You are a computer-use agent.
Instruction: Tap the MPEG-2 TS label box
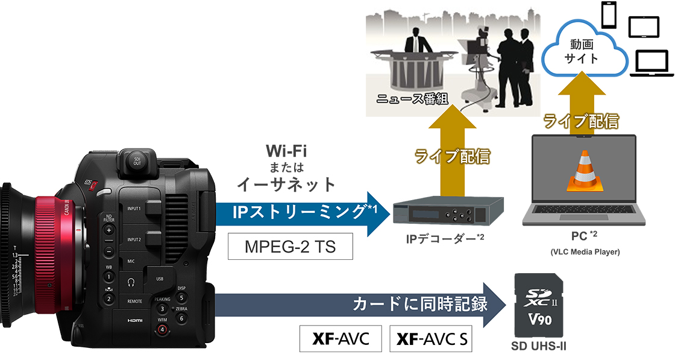click(x=289, y=247)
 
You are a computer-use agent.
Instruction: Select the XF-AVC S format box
click(x=431, y=339)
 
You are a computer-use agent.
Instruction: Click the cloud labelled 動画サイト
click(x=581, y=52)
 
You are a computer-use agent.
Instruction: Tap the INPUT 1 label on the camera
click(x=134, y=209)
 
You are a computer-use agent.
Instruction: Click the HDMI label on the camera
click(x=134, y=320)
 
